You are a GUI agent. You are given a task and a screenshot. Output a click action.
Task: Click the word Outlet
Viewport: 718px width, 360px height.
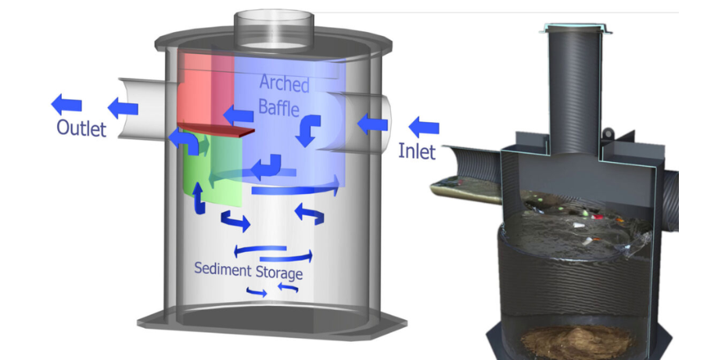pyautogui.click(x=81, y=128)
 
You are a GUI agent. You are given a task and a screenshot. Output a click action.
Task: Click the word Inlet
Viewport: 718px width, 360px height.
pyautogui.click(x=416, y=150)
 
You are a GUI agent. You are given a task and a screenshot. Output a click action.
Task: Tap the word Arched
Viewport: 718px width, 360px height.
pyautogui.click(x=284, y=84)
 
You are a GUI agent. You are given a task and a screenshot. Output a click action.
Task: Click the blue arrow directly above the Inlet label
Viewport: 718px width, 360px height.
pyautogui.click(x=424, y=125)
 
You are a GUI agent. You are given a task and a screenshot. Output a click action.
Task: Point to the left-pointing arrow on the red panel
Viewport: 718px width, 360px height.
pyautogui.click(x=237, y=116)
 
